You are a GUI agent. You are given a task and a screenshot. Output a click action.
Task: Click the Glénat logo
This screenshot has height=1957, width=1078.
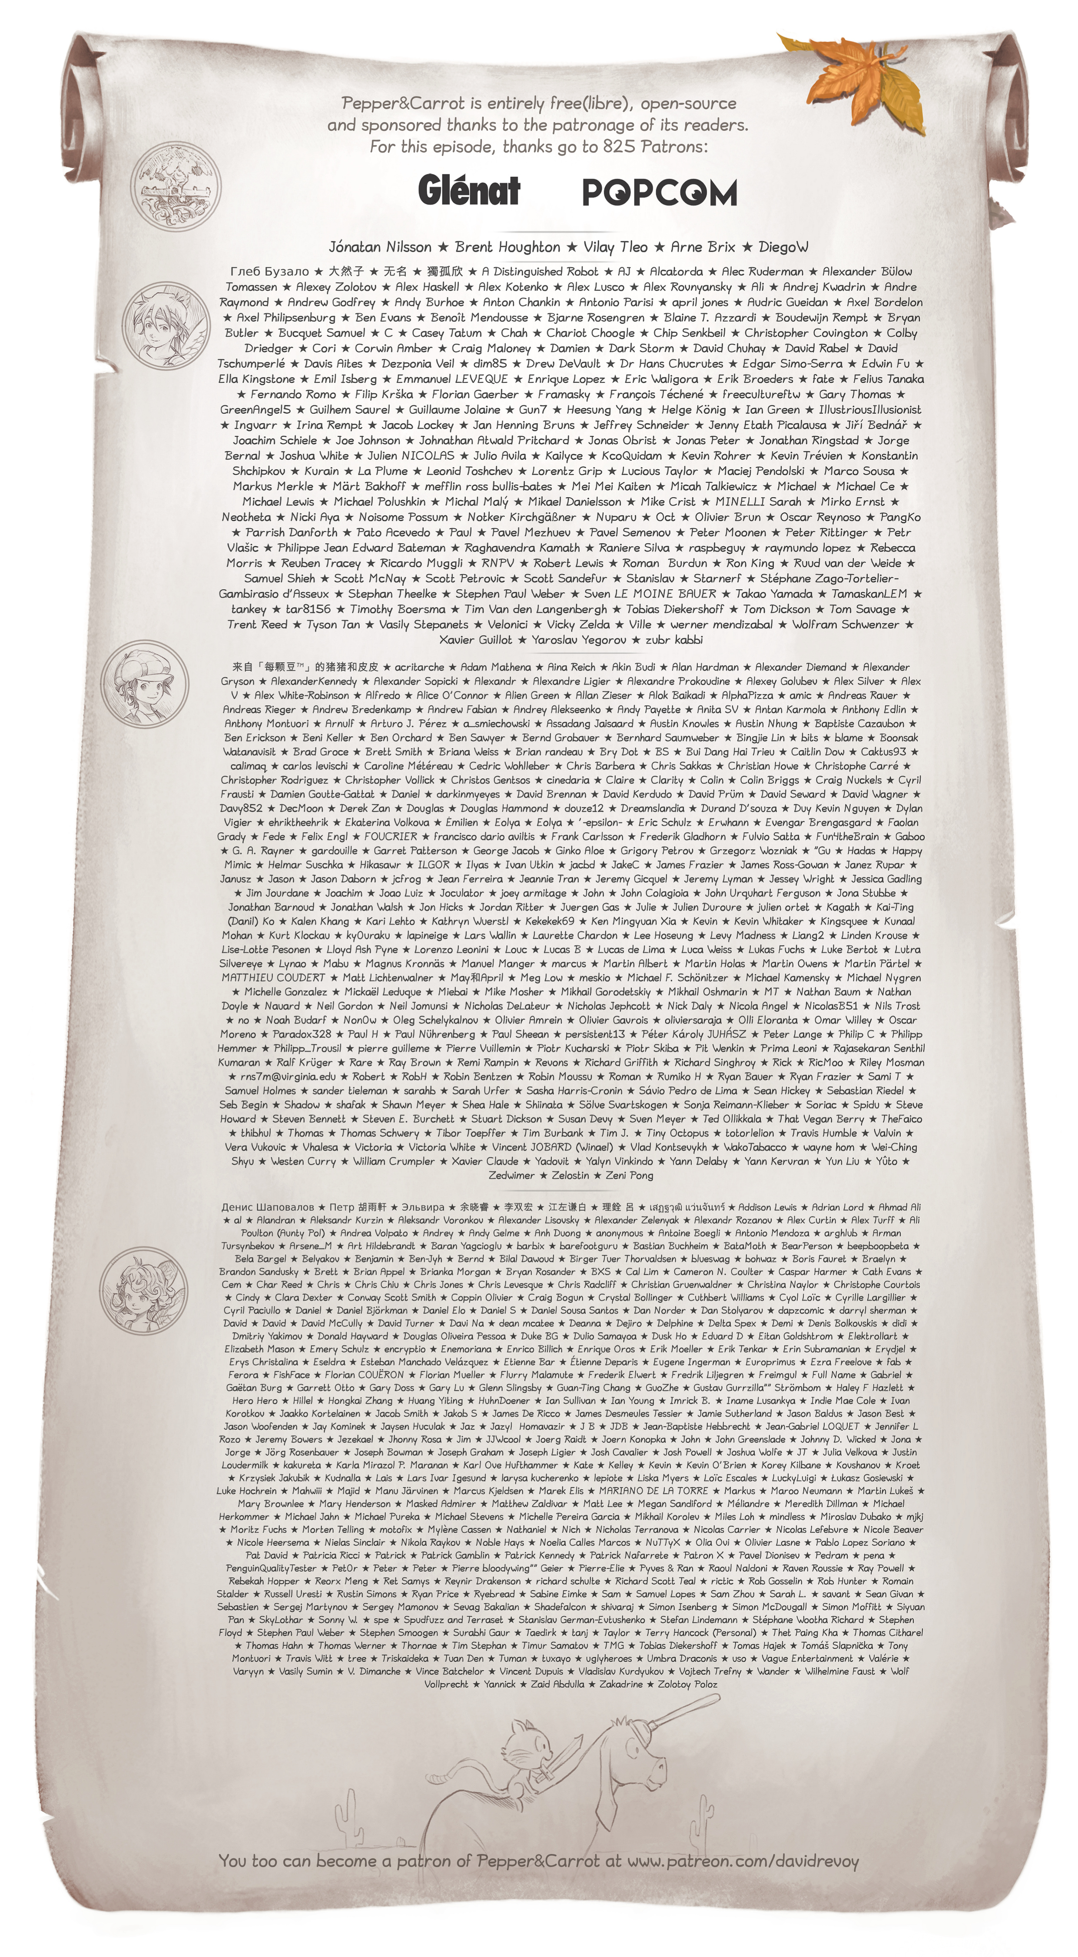[x=469, y=190]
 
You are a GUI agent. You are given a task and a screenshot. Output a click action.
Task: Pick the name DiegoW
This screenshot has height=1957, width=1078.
[x=783, y=247]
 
